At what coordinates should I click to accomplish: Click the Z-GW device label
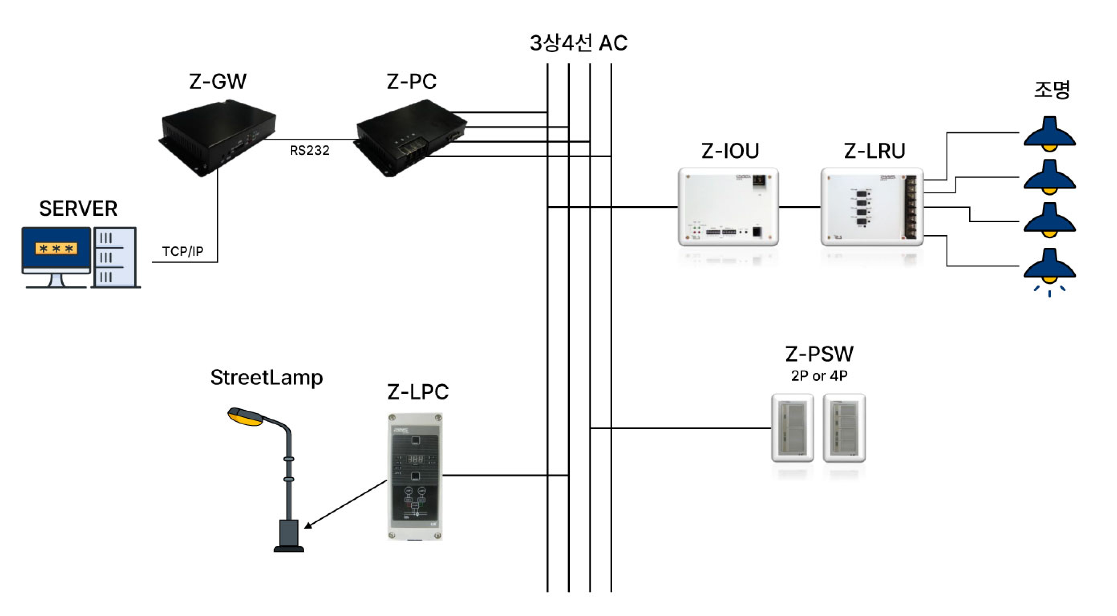(x=218, y=81)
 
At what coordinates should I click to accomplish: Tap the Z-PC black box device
(x=411, y=138)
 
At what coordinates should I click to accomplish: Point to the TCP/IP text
(x=183, y=251)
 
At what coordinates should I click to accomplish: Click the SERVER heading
(x=78, y=209)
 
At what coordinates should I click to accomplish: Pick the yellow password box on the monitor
(x=56, y=249)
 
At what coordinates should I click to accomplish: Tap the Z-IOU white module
(x=728, y=207)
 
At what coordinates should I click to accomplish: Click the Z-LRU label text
(x=874, y=151)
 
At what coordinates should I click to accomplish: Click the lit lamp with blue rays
(x=1049, y=271)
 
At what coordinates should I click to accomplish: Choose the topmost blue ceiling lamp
(x=1049, y=134)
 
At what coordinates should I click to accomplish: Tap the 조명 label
(x=1052, y=90)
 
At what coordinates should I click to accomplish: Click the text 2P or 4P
(x=819, y=376)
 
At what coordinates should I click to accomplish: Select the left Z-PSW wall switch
(x=792, y=428)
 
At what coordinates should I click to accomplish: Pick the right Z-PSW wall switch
(x=844, y=428)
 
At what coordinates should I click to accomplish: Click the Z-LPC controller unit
(x=415, y=476)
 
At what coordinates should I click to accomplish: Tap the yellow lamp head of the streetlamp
(x=245, y=417)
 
